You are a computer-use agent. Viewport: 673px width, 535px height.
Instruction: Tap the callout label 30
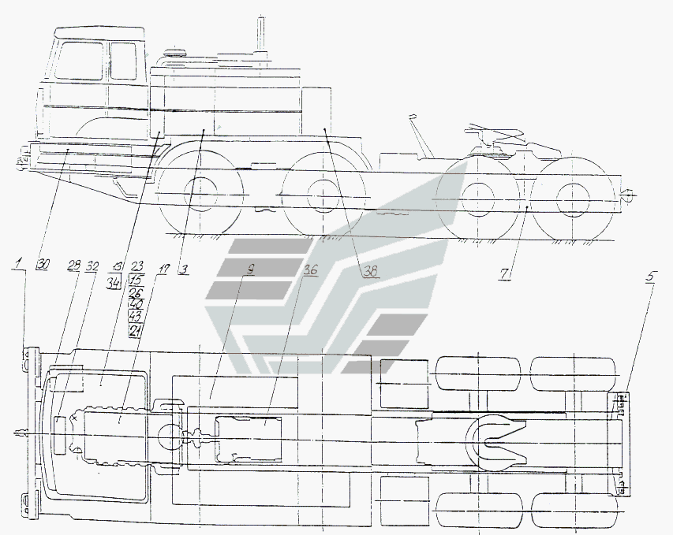(42, 266)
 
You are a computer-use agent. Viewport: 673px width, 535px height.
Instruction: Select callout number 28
(73, 266)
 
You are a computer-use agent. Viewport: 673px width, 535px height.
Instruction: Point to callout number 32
(92, 266)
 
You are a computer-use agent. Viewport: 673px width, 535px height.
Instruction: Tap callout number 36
(310, 269)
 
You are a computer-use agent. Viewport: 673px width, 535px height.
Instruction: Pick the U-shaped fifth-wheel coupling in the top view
(495, 439)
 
